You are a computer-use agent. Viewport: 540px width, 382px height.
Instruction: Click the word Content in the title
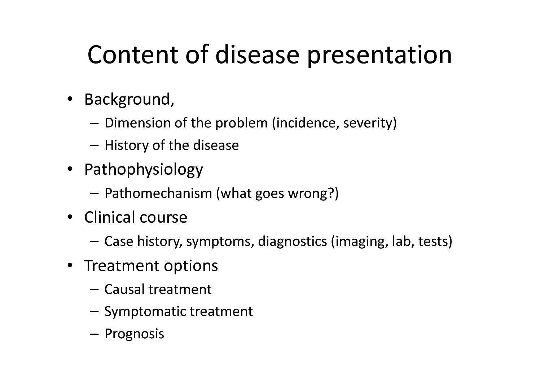pos(133,55)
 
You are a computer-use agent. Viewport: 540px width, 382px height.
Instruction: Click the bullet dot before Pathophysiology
pos(70,169)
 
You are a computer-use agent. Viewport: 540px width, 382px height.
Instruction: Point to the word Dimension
pos(137,123)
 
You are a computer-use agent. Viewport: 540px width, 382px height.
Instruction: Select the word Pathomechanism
pos(158,193)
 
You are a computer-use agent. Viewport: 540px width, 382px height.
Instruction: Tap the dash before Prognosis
pos(94,334)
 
